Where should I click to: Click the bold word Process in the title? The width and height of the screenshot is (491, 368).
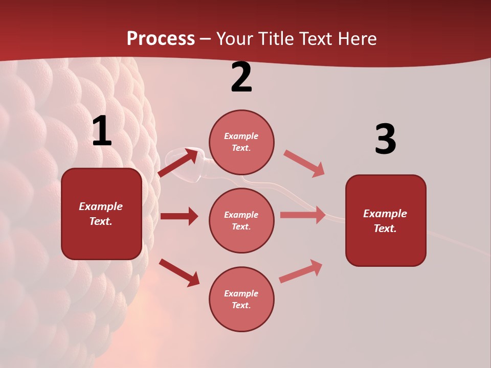[161, 38]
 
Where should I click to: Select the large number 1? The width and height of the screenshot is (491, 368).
[102, 131]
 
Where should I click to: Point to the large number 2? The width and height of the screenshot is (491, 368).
[241, 78]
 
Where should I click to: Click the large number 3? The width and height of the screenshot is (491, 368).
[385, 140]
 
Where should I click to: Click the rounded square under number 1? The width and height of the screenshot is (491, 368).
[101, 214]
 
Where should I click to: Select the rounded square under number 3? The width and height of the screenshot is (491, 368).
[386, 220]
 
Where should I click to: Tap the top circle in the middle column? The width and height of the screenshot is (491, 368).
[241, 142]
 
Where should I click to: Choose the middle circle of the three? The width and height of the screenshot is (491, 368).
[241, 220]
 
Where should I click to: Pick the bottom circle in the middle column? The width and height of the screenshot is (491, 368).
[241, 299]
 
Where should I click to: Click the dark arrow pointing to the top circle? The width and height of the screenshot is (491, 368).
[178, 163]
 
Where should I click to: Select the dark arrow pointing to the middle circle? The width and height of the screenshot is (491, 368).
[179, 216]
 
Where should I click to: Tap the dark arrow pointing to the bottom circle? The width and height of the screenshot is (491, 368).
[179, 272]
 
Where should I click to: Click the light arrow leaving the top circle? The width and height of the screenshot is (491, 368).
[304, 164]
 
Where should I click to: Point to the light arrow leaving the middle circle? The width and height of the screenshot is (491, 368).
[303, 215]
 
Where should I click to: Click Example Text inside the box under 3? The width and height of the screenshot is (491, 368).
[385, 221]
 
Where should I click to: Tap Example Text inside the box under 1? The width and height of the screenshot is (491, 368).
[101, 214]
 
